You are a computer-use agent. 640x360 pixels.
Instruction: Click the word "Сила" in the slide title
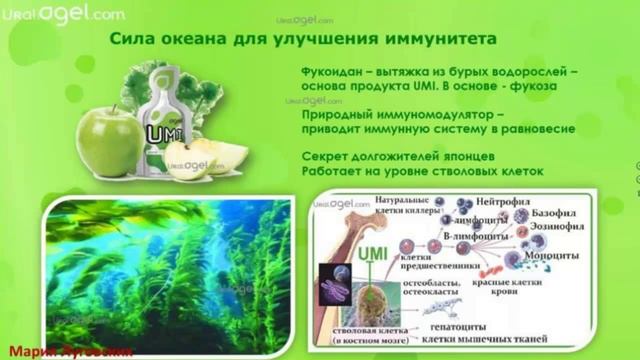(130, 38)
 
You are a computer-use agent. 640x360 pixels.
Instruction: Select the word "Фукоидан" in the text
(333, 74)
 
